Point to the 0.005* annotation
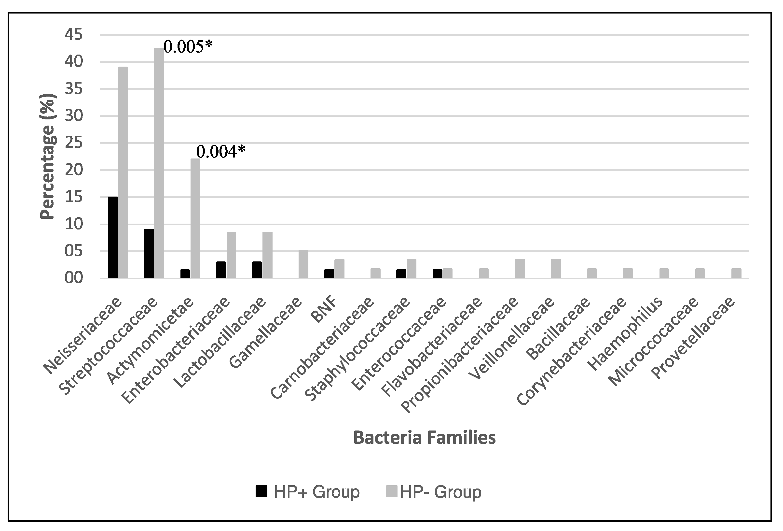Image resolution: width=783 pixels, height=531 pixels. click(188, 47)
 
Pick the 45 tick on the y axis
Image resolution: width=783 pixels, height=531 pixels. click(74, 35)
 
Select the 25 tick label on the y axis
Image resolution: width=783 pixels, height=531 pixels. click(74, 143)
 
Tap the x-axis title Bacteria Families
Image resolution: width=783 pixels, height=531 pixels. click(424, 438)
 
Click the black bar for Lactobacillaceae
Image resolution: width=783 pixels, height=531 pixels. click(257, 270)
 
